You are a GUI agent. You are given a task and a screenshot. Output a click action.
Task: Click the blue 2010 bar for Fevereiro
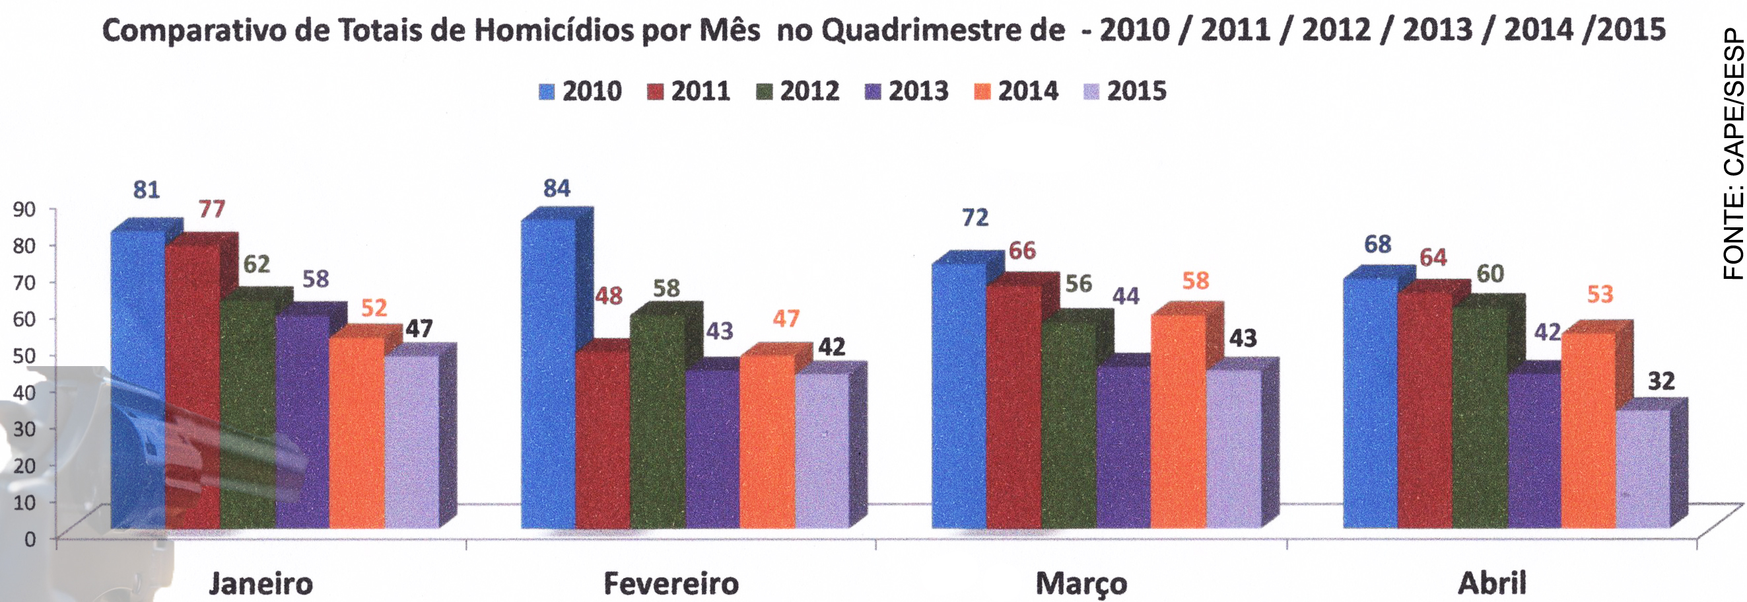click(548, 373)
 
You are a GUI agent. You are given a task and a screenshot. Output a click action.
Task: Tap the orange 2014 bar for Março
click(1179, 421)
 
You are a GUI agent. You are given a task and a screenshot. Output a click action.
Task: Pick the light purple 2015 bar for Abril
click(1643, 469)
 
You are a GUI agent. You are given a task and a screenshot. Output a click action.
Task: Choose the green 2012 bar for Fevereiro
click(657, 421)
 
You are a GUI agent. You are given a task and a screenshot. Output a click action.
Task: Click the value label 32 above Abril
click(1661, 381)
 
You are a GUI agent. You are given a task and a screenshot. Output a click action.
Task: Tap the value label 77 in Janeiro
click(211, 209)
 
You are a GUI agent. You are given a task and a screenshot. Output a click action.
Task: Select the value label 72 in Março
click(975, 218)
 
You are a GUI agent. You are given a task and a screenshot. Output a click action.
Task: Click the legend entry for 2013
click(907, 91)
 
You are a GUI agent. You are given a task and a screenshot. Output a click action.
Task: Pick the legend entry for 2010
click(580, 91)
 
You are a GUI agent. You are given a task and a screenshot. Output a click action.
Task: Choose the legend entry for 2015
click(1125, 91)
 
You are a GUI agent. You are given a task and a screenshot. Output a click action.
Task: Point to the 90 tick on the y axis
click(24, 209)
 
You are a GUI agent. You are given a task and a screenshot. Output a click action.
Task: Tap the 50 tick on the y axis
click(24, 356)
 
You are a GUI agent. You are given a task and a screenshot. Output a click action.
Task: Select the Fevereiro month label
click(671, 583)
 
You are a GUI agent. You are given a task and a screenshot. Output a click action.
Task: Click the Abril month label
click(1492, 583)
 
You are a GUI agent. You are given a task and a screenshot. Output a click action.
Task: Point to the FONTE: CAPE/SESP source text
click(1732, 155)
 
